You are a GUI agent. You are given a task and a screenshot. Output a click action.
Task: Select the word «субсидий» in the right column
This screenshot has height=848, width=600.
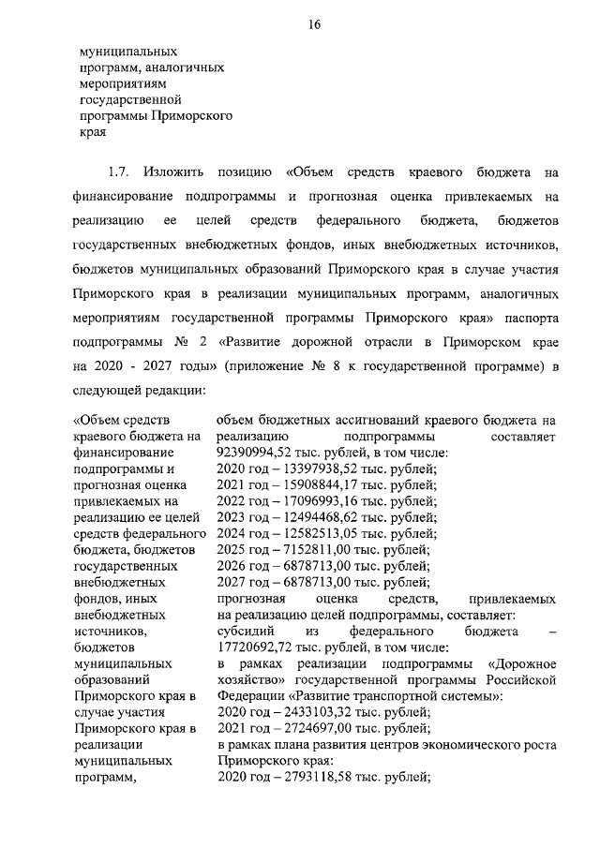[247, 631]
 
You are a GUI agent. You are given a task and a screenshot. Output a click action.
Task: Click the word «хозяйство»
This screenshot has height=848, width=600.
[247, 679]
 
